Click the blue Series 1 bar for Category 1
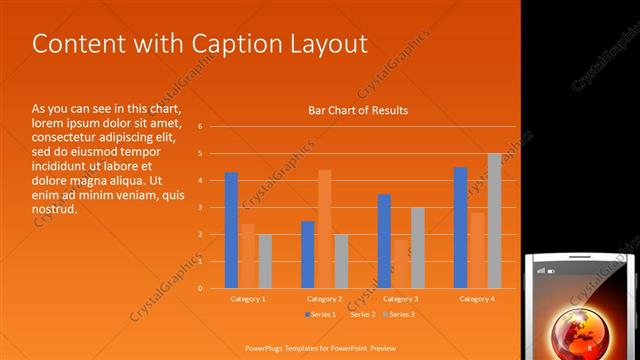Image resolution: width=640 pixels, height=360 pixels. click(231, 230)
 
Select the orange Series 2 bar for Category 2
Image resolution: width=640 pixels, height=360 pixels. click(325, 229)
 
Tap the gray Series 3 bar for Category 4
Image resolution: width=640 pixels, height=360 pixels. click(494, 221)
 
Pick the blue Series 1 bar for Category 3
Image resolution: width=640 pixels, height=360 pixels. click(384, 241)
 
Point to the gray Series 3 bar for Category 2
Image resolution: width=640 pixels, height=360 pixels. click(341, 261)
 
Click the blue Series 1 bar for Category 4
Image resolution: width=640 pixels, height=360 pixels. click(460, 228)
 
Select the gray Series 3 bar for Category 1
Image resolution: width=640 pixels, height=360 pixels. click(265, 261)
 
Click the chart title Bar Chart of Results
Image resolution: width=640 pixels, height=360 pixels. click(358, 110)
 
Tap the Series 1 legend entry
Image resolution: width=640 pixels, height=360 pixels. click(321, 315)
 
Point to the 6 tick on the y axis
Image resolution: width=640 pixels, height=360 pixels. click(201, 127)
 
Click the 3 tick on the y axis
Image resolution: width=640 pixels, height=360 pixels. click(201, 208)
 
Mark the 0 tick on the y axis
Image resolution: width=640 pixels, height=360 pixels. click(201, 288)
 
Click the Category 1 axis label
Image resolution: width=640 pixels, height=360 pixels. click(248, 299)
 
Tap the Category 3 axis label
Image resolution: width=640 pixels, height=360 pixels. click(401, 299)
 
